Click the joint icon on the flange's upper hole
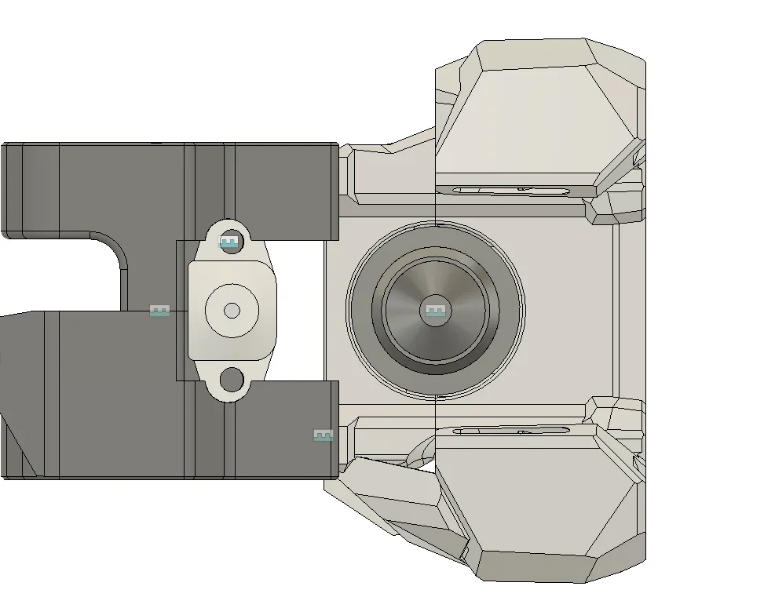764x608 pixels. point(228,242)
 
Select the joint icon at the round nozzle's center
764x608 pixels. point(435,311)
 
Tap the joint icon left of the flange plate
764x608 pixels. point(159,311)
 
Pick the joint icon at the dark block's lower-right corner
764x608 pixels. point(323,435)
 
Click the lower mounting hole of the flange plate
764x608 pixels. point(232,380)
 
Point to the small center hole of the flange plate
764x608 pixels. point(232,311)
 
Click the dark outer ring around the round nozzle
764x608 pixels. point(361,311)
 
